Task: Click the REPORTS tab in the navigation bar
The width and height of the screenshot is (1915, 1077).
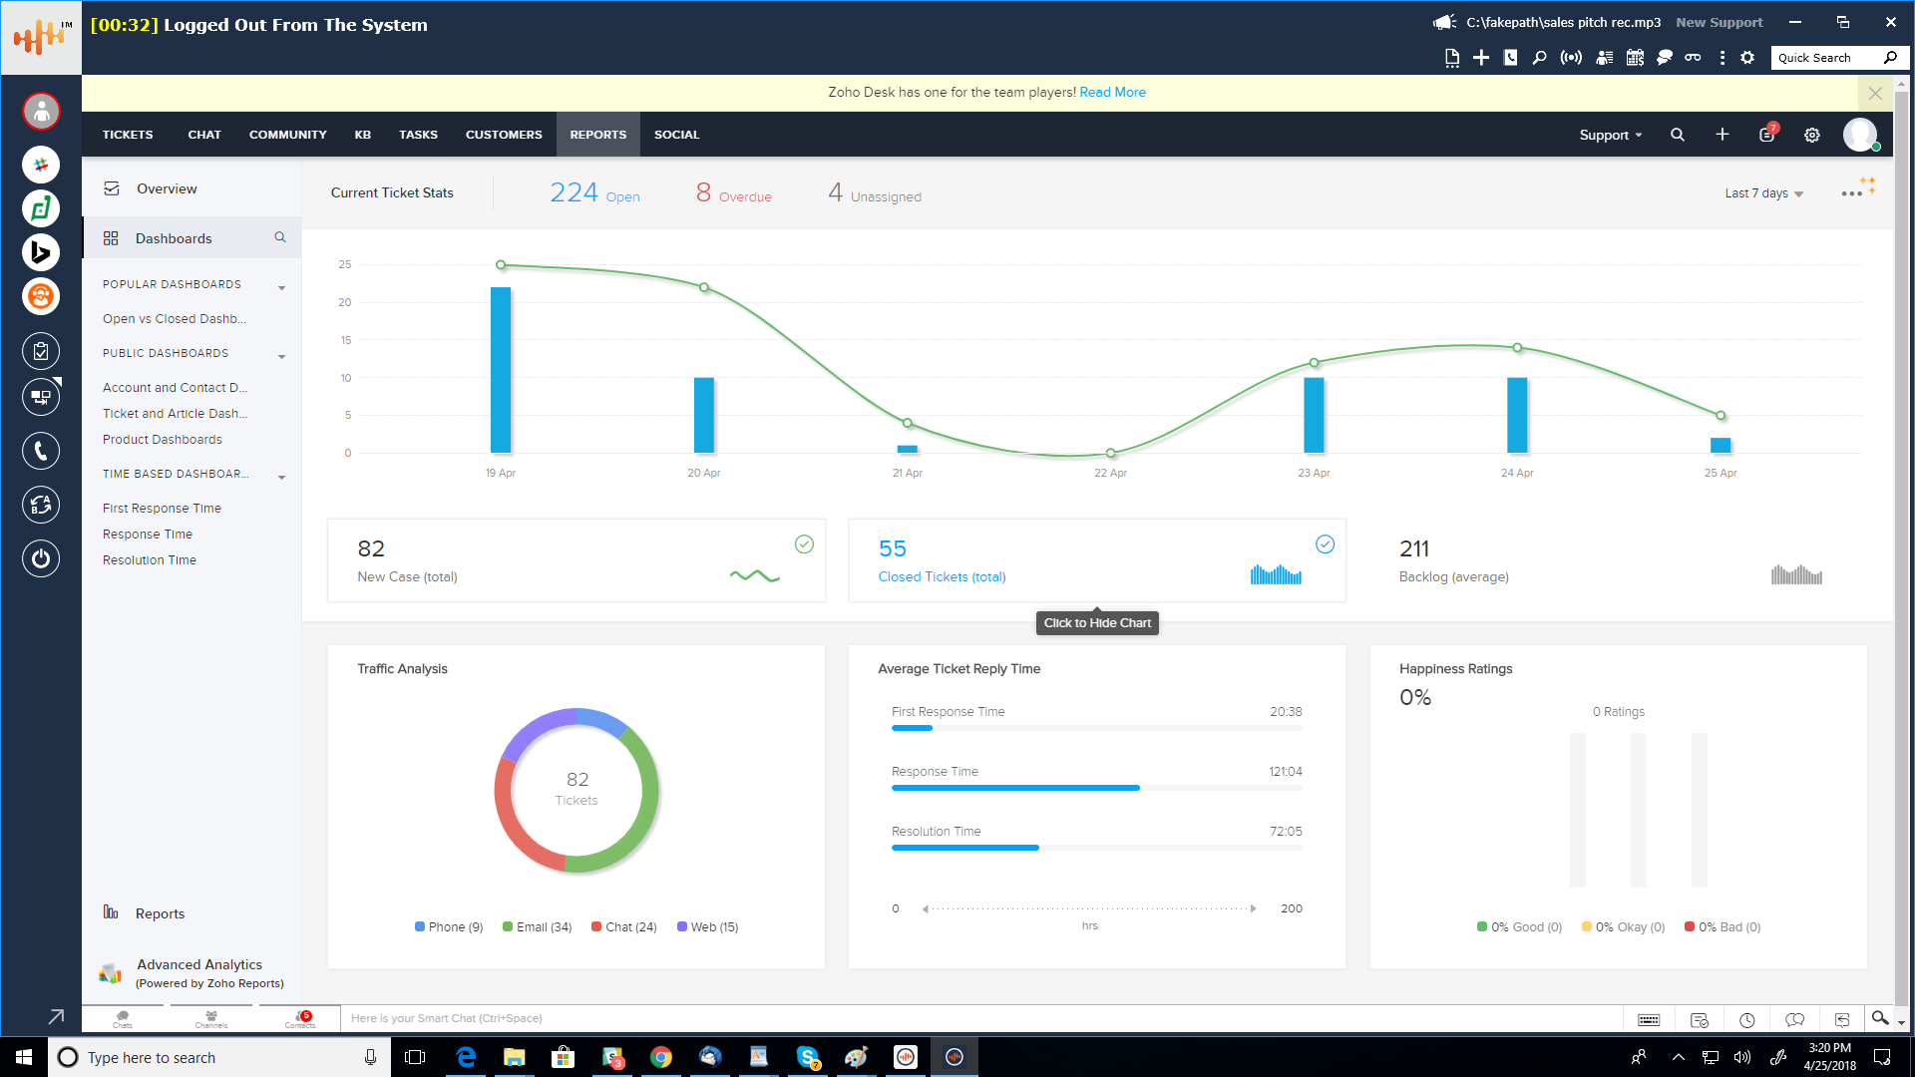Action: point(598,135)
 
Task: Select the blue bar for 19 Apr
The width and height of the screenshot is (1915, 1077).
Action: point(501,370)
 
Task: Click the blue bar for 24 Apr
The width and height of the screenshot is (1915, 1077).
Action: point(1517,415)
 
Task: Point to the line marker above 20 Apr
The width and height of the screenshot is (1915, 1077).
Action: point(704,288)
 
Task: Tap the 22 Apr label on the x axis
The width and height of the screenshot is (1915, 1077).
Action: point(1110,473)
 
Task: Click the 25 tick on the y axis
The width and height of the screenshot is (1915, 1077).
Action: point(345,265)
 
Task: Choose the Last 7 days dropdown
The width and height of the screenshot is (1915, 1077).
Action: point(1763,193)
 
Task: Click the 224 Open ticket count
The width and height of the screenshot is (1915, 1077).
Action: point(594,193)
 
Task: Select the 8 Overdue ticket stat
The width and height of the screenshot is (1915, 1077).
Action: point(734,193)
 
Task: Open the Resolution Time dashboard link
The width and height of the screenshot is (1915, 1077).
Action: point(150,560)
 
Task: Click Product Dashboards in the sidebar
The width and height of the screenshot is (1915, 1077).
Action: point(163,440)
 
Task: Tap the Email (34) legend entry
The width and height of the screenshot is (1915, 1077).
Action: point(538,927)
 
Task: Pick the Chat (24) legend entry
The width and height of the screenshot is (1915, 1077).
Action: point(624,927)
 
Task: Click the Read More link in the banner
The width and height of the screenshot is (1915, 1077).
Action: point(1112,93)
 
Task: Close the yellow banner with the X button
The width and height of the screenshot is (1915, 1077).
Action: point(1875,94)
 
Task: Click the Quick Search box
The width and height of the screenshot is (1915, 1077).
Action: point(1827,58)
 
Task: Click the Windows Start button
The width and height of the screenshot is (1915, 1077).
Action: point(24,1057)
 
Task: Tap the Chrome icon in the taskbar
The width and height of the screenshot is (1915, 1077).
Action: point(661,1057)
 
